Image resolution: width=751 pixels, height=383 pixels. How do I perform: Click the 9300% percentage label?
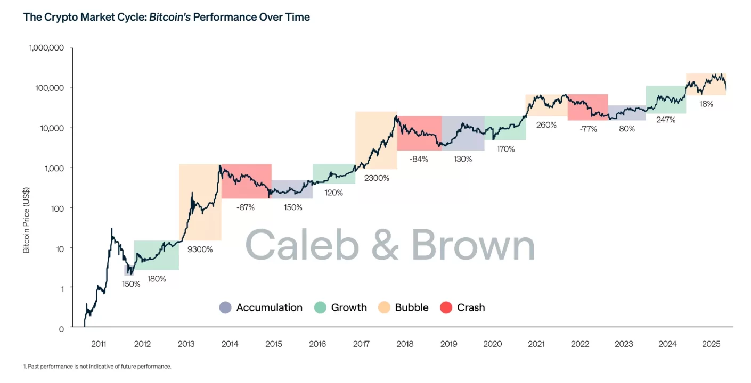tap(200, 249)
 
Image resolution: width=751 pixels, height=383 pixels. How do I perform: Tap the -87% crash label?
tap(245, 207)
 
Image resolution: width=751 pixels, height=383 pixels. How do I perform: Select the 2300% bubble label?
tap(377, 178)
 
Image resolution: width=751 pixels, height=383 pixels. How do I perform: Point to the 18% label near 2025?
tap(706, 104)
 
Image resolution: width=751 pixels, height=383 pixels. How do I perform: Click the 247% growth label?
tap(666, 120)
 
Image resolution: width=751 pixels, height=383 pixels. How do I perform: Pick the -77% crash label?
tap(589, 129)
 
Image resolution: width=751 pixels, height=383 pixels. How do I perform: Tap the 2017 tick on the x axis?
tap(361, 344)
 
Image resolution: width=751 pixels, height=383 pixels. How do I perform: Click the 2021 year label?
tap(536, 344)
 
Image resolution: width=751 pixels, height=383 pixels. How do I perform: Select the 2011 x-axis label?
tap(99, 344)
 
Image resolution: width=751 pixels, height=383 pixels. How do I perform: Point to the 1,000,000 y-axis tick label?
tap(45, 48)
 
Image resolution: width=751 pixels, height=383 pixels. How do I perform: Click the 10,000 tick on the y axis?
tap(51, 128)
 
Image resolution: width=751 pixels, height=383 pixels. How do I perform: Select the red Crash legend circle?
tap(446, 307)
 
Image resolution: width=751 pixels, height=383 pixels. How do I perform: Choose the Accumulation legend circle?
tap(225, 307)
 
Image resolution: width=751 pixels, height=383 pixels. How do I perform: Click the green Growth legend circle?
tap(320, 307)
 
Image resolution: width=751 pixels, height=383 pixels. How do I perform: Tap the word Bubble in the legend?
tap(412, 307)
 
